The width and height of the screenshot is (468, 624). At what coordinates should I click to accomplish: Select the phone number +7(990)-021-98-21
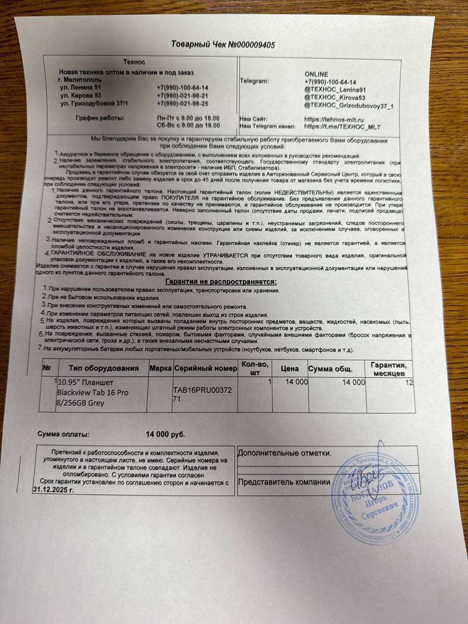point(183,96)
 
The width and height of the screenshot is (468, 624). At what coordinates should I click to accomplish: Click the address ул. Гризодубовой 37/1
point(96,104)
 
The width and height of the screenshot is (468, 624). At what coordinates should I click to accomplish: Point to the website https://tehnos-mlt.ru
point(334,119)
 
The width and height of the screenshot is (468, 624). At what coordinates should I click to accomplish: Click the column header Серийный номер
point(205,369)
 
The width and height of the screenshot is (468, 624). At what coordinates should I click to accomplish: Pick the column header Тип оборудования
point(103,369)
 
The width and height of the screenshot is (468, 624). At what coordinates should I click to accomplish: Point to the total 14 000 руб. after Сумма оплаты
point(165,434)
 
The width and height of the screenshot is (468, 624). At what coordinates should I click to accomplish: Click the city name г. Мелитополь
point(79,79)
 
